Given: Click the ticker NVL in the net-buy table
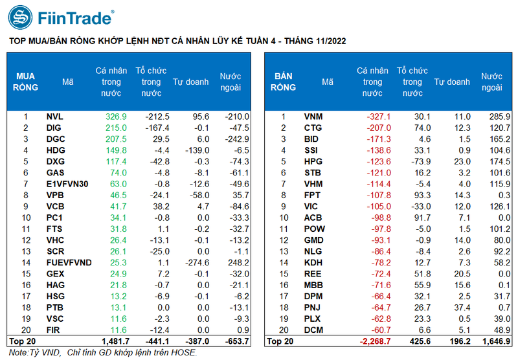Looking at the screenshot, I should [55, 117].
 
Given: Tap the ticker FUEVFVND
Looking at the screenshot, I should [69, 262].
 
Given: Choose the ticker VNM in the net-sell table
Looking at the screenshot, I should [314, 117].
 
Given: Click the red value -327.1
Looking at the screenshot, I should [377, 117].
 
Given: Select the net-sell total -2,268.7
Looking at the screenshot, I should [374, 341].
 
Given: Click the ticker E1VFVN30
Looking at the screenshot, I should [66, 184].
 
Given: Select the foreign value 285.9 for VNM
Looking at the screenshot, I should [497, 117].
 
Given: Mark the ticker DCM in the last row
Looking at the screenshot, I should [314, 330].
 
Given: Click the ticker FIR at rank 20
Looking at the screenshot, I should [54, 330].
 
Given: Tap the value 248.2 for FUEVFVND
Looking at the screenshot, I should [238, 262].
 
